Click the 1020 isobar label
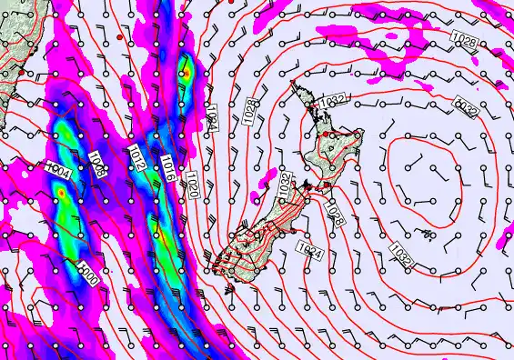193,179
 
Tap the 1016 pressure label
168,165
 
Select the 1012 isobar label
137,156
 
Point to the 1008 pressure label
97,165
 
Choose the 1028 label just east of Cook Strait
333,215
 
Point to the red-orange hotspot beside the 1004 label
61,193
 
